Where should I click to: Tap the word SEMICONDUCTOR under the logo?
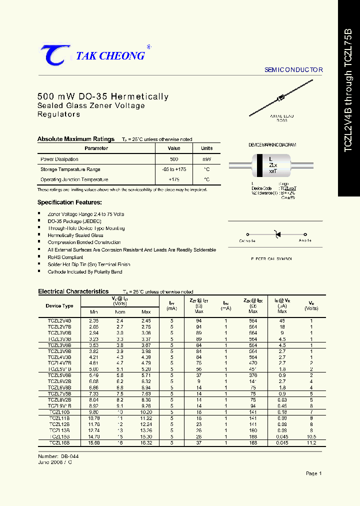pos(293,70)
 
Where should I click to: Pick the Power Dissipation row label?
pos(59,159)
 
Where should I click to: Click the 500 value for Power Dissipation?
pos(174,159)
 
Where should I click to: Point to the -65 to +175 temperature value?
pos(174,169)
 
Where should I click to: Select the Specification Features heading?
pos(69,202)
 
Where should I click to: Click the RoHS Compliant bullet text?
pos(65,257)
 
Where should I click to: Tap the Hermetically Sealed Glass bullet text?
pos(75,235)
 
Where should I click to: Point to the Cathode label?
pos(247,241)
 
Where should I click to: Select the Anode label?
pos(305,241)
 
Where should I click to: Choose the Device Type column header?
pos(59,305)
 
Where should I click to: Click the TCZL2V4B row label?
pos(59,320)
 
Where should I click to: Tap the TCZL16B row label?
pos(59,442)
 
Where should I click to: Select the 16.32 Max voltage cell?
pos(146,442)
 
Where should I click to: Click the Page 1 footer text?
pos(313,473)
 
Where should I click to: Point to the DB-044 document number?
pos(69,456)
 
